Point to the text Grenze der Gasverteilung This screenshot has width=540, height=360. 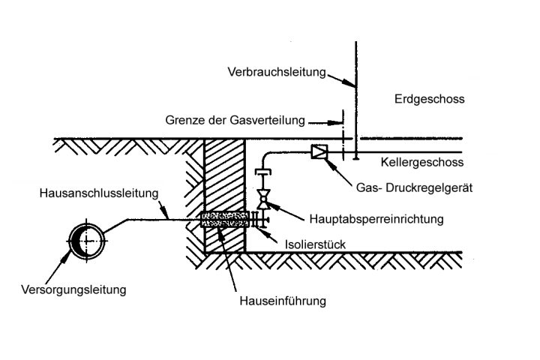point(236,120)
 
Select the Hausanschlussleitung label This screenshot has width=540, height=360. point(98,193)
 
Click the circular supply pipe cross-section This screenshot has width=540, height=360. point(85,241)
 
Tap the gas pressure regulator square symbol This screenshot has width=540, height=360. point(319,152)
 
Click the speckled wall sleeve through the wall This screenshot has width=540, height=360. point(223,219)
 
